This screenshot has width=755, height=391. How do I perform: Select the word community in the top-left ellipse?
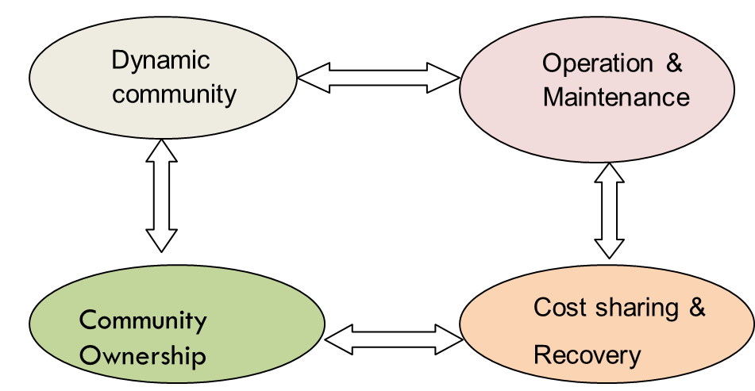point(174,94)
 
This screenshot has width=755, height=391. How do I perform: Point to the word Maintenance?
point(616,98)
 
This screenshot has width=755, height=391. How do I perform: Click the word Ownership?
point(143,355)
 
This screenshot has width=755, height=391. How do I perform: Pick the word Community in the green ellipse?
point(143,321)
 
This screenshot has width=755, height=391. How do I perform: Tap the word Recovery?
point(587,355)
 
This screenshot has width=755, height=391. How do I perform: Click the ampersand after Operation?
point(674,64)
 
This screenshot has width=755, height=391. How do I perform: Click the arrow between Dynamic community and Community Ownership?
point(161,195)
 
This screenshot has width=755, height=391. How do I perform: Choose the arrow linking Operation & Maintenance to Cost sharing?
point(610,210)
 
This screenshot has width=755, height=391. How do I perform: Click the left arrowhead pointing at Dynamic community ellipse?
point(310,78)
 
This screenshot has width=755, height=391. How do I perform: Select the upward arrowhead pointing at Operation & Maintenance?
point(610,174)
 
